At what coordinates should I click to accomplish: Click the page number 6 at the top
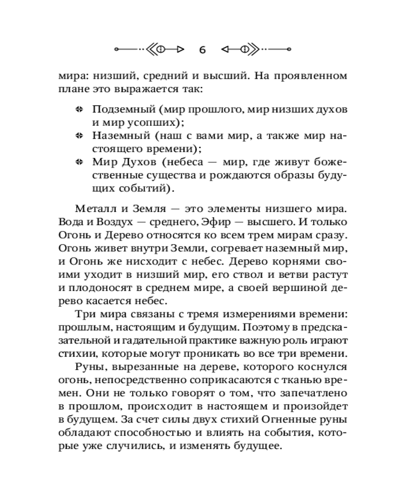(x=202, y=49)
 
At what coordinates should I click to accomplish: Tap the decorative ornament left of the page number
(x=149, y=49)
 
